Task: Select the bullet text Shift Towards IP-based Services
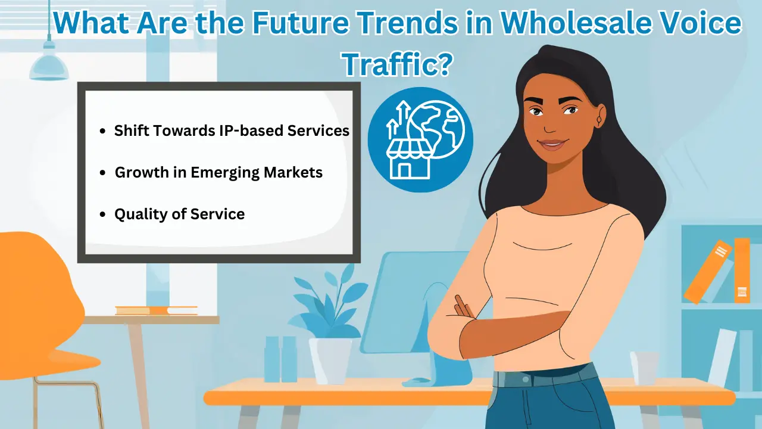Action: [x=232, y=130]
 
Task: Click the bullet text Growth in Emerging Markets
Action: [x=218, y=173]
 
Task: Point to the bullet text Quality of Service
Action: [x=179, y=214]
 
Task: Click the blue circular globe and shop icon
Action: [x=420, y=140]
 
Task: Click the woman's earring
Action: [x=599, y=121]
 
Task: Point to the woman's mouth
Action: [x=553, y=144]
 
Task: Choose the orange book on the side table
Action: [x=156, y=310]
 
